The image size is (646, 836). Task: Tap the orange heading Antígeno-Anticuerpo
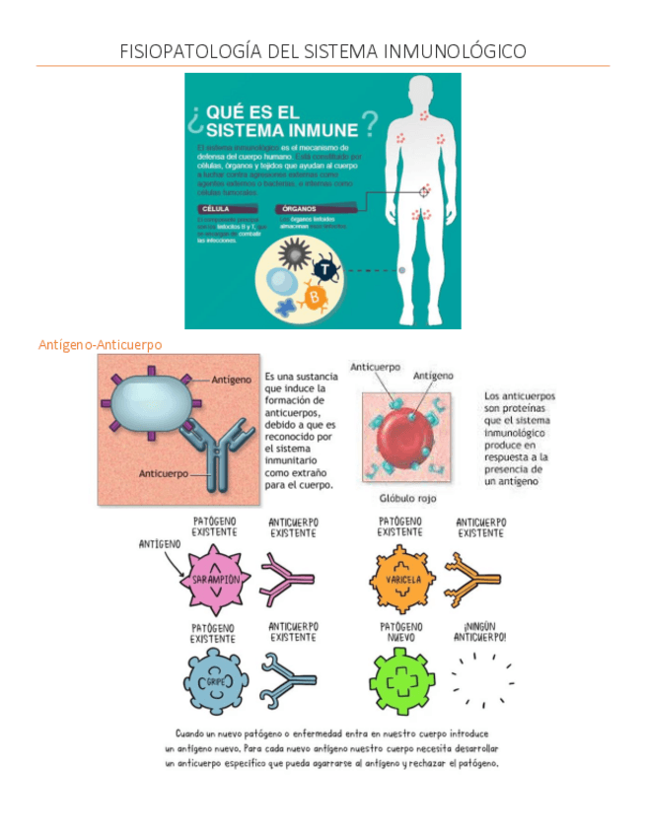tap(100, 344)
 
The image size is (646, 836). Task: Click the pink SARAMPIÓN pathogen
tap(215, 579)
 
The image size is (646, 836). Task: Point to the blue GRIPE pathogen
tap(215, 680)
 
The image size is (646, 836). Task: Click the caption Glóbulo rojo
tap(407, 498)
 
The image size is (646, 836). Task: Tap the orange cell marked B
tap(315, 297)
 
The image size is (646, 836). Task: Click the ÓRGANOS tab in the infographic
tap(300, 209)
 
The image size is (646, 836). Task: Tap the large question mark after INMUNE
tap(368, 123)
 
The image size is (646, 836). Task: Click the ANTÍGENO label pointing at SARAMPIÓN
tap(159, 543)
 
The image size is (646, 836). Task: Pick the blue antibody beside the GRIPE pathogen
tap(289, 680)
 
